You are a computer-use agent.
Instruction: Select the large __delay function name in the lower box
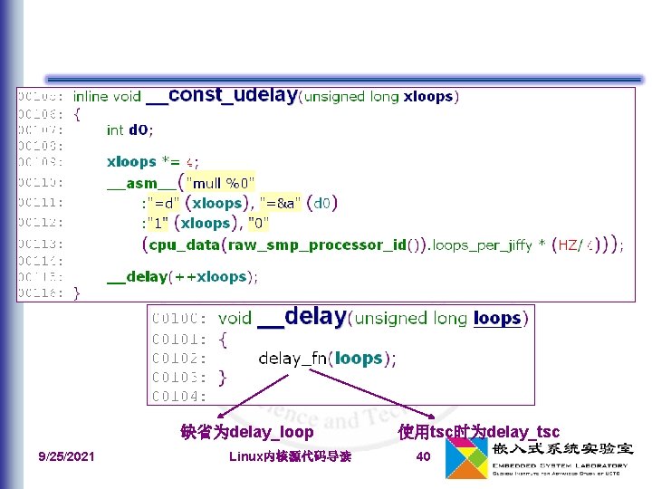point(302,317)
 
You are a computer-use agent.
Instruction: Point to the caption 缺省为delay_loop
point(247,432)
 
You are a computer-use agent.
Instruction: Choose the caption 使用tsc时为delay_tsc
point(479,432)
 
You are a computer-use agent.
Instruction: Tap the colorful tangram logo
point(466,459)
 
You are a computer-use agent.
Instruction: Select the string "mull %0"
point(220,181)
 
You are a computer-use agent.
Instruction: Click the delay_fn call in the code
point(292,359)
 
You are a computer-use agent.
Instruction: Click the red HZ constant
point(568,244)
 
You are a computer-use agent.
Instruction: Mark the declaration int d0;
point(129,129)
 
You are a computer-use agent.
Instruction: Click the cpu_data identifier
point(187,244)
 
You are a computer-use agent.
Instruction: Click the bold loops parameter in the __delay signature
point(497,319)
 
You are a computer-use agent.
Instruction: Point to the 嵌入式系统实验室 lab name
point(562,448)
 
